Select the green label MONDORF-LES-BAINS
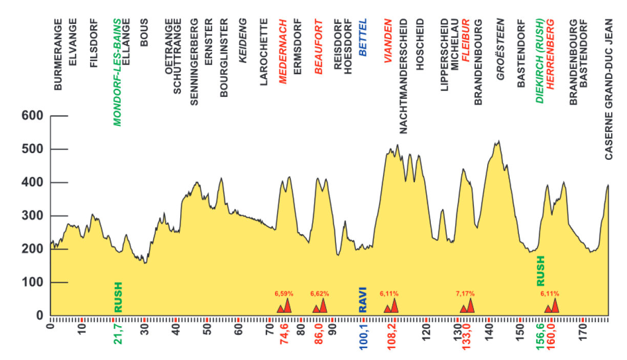coord(117,73)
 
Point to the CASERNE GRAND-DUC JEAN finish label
coord(609,90)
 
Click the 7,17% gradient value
coord(465,294)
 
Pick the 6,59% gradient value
coord(284,294)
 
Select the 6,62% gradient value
coord(320,294)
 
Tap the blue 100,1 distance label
coord(364,336)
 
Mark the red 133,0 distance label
coord(467,336)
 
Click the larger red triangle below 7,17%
coord(470,306)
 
